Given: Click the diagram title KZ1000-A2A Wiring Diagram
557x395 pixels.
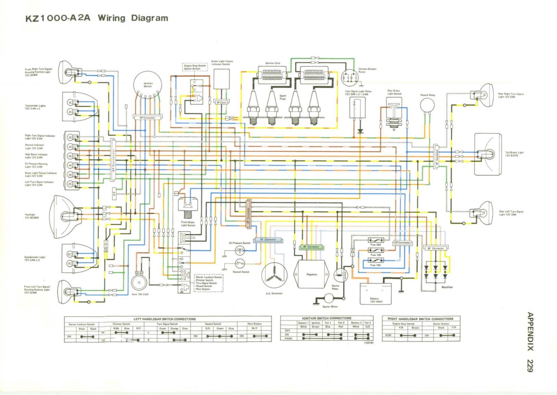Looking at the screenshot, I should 96,18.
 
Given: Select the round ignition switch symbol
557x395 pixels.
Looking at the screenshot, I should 148,85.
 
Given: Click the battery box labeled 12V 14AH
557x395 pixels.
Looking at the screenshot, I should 376,294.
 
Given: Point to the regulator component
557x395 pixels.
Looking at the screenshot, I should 311,274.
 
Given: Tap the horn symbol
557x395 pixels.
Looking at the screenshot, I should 139,282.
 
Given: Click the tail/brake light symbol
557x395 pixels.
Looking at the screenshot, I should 488,154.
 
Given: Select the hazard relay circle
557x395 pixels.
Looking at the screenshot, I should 427,105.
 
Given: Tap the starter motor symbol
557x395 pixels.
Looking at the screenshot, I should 329,299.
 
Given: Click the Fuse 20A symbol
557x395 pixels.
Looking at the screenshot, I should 375,240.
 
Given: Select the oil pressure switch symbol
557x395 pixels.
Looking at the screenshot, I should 240,251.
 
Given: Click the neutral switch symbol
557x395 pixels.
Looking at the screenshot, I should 240,263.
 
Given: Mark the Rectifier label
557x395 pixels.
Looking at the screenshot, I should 447,287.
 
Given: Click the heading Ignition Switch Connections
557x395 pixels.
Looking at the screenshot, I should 326,318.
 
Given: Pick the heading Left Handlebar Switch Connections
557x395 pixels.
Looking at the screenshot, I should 165,319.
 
